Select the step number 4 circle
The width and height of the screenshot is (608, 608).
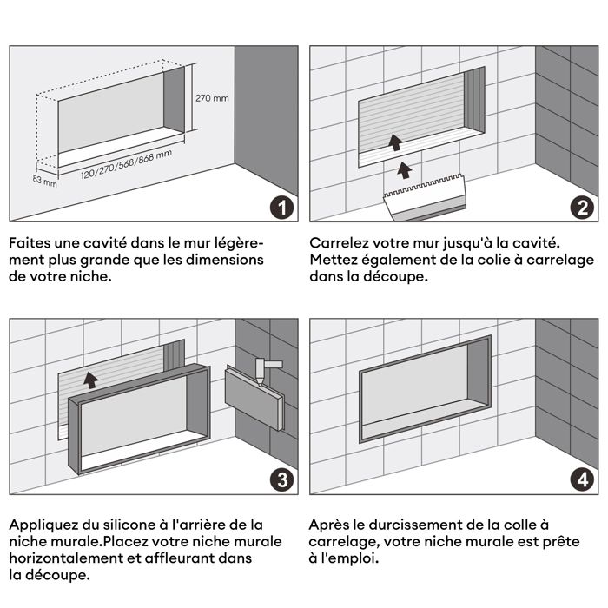point(581,479)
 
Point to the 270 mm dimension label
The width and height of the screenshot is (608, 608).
point(212,98)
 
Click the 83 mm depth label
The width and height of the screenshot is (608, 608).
point(44,182)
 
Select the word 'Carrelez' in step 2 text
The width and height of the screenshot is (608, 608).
point(339,243)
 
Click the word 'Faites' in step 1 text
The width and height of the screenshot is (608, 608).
point(30,243)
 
